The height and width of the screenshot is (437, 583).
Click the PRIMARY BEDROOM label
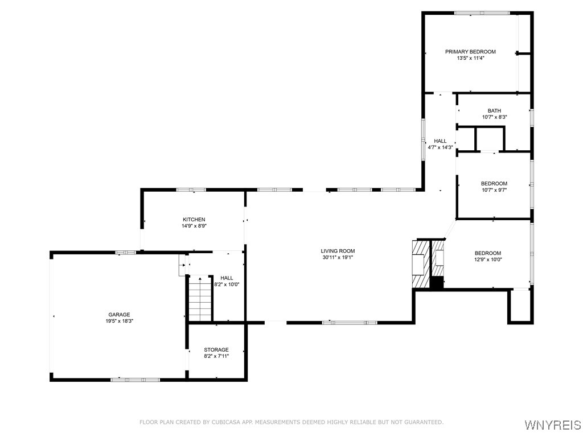[x=470, y=52]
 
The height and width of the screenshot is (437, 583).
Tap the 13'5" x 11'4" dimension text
[x=470, y=58]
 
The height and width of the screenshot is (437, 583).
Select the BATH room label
[x=494, y=110]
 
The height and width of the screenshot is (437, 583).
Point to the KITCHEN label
[x=194, y=220]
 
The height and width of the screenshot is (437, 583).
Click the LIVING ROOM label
[x=338, y=251]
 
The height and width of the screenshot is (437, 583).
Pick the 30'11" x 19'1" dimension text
[x=338, y=257]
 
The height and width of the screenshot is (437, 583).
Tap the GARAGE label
[x=120, y=315]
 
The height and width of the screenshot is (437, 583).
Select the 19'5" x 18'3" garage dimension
[x=120, y=321]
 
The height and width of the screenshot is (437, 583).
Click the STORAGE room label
[x=216, y=350]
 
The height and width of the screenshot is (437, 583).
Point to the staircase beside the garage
[x=200, y=298]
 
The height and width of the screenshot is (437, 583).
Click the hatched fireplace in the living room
[x=419, y=264]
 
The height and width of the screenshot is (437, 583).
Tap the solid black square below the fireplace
[x=437, y=282]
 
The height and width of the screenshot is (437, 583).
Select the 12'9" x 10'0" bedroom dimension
[x=488, y=259]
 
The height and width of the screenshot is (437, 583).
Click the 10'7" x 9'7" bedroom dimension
[x=494, y=190]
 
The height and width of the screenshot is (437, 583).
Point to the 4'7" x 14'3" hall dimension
[x=440, y=147]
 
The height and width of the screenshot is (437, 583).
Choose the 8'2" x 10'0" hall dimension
[x=227, y=285]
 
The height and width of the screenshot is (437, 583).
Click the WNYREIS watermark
[x=552, y=425]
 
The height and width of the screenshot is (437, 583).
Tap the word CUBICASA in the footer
[x=225, y=422]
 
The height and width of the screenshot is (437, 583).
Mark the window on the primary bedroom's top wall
[x=482, y=13]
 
